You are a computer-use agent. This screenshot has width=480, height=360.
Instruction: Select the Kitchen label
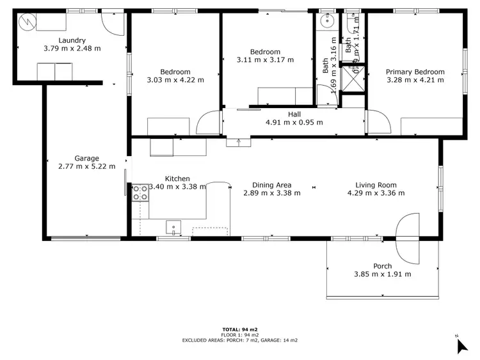[x=177, y=179]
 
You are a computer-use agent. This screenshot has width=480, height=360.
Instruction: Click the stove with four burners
[x=140, y=192]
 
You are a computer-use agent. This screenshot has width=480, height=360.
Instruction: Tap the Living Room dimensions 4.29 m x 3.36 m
[x=376, y=192]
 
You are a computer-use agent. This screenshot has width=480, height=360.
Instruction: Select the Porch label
[x=382, y=266]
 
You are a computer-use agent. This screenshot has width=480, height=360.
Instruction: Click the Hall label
[x=294, y=114]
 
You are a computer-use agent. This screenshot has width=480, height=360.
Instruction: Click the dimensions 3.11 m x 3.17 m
[x=265, y=60]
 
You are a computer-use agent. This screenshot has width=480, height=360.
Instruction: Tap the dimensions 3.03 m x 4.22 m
[x=175, y=80]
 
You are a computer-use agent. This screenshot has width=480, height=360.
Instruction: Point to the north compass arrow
[x=462, y=345]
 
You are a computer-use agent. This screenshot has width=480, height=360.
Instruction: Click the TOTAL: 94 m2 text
[x=240, y=329]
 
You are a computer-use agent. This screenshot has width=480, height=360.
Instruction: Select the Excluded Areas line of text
[x=240, y=340]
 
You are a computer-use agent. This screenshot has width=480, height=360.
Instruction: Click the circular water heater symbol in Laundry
[x=26, y=22]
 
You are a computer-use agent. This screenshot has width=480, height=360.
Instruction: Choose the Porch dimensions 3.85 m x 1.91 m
[x=382, y=274]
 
